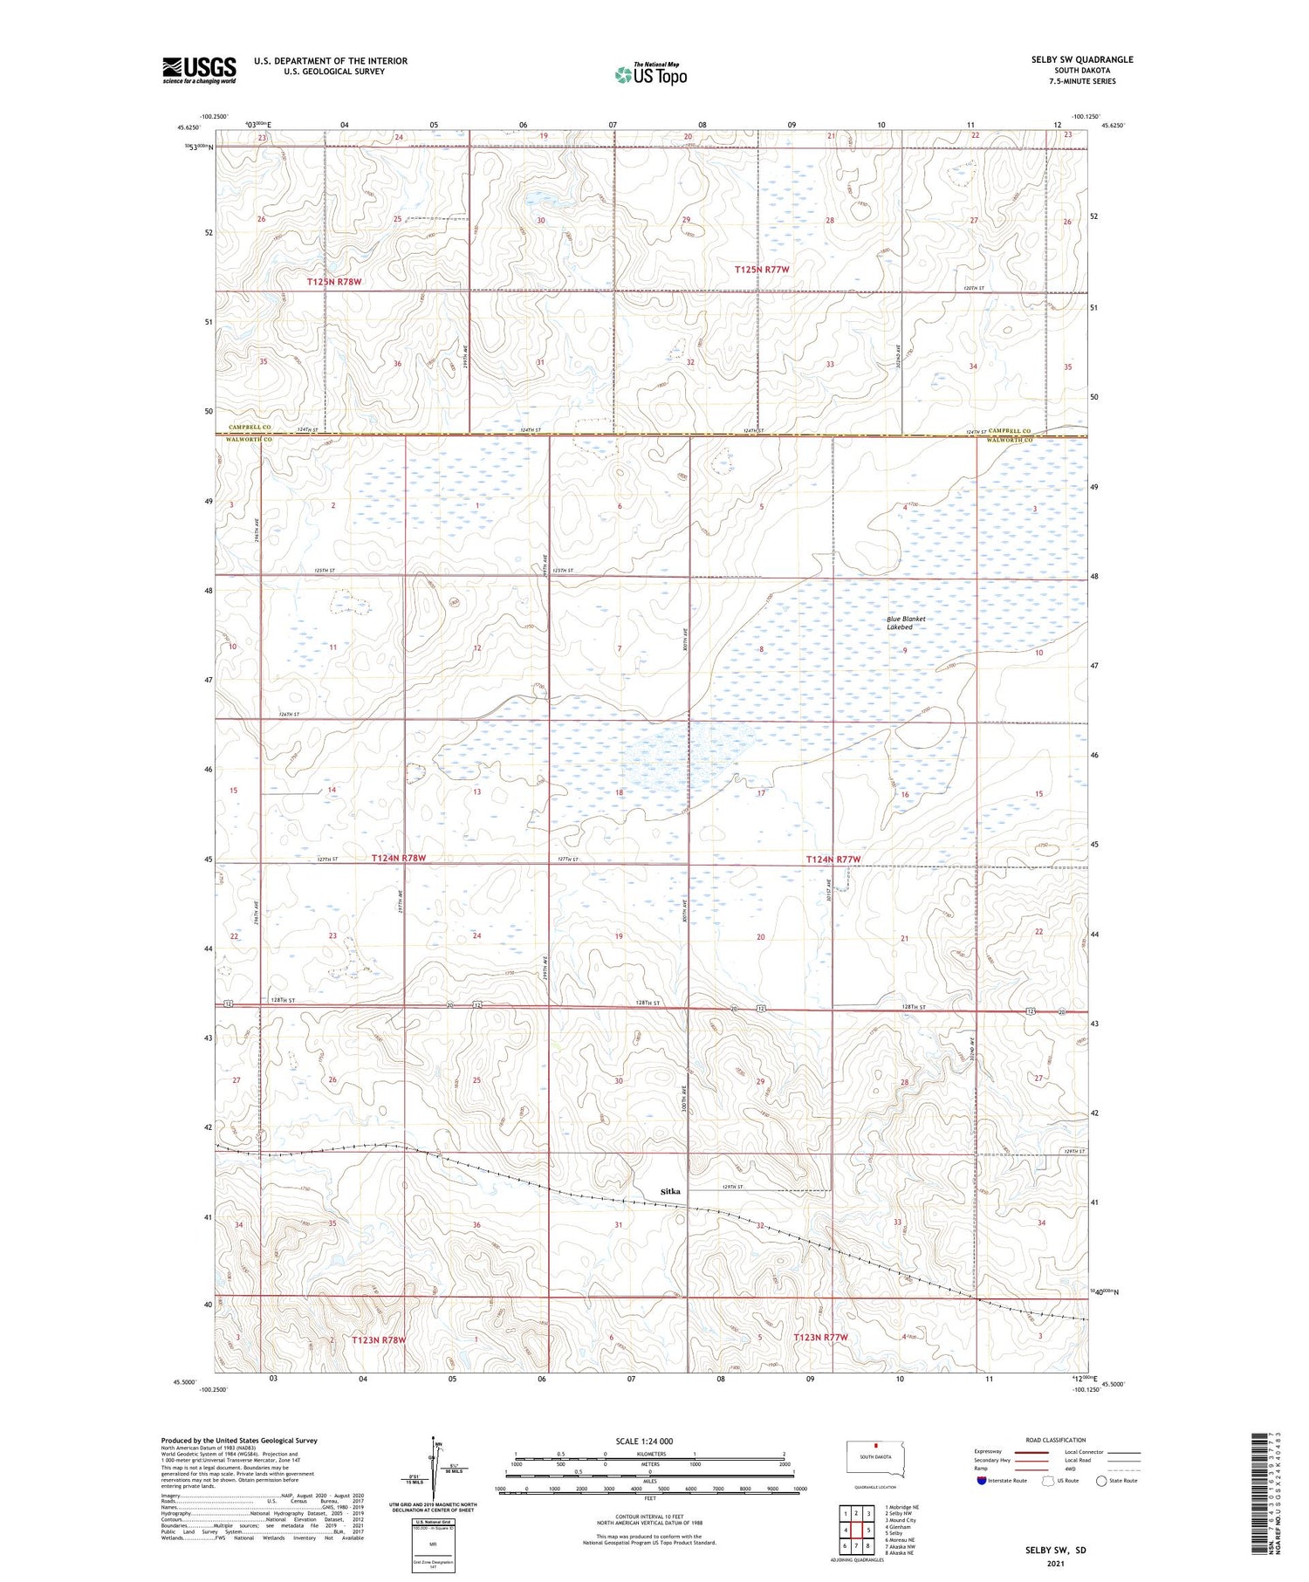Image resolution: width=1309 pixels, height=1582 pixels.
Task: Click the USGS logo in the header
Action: tap(199, 70)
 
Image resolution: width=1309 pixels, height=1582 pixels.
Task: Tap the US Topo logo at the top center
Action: tap(650, 74)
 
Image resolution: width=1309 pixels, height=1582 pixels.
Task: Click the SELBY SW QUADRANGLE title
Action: tap(1081, 59)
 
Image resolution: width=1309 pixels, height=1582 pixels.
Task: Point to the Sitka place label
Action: tap(669, 1190)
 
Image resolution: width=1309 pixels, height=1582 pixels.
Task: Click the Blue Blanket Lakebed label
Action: tap(906, 623)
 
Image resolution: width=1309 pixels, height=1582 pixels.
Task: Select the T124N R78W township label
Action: tap(399, 859)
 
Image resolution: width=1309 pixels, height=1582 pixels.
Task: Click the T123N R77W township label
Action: tap(820, 1337)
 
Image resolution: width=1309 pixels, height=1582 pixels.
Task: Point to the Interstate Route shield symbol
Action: tap(982, 1481)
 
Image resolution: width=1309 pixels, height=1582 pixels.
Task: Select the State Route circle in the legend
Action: tap(1101, 1481)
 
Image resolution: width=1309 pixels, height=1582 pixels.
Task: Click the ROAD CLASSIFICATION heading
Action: tap(1055, 1440)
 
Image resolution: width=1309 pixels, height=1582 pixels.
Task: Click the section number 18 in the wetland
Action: tap(620, 792)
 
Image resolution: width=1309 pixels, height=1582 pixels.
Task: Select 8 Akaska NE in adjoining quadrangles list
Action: tap(900, 1553)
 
